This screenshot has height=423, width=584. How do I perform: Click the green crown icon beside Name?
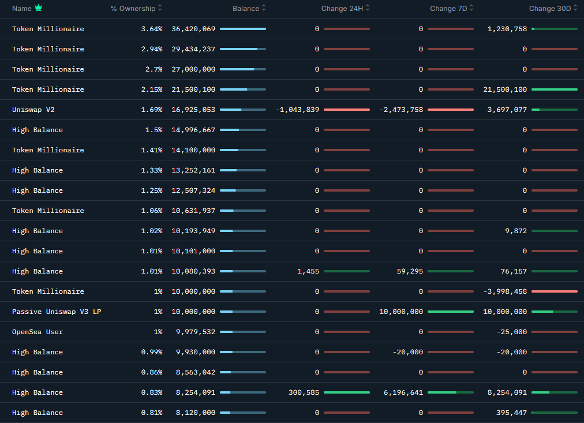[x=38, y=8]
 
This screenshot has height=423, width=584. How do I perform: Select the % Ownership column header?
[x=133, y=9]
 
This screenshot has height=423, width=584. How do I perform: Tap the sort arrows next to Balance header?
[x=264, y=9]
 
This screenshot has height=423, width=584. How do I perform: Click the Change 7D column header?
[x=448, y=9]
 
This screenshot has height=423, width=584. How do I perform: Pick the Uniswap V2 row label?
[x=33, y=110]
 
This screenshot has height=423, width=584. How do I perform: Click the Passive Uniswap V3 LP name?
[x=57, y=312]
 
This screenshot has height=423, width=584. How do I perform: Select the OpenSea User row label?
[x=38, y=332]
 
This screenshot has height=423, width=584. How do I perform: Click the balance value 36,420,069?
[x=193, y=29]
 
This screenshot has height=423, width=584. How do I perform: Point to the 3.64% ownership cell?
[x=152, y=29]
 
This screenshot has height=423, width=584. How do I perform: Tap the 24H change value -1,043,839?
[x=297, y=110]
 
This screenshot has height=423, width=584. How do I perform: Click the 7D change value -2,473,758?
[x=401, y=110]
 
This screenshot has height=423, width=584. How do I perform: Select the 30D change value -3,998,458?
[x=505, y=291]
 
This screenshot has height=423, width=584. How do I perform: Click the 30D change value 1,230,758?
[x=507, y=29]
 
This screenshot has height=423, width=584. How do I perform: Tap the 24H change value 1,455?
[x=308, y=271]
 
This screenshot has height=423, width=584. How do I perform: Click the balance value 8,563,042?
[x=196, y=372]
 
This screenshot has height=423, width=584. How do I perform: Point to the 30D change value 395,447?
[x=511, y=413]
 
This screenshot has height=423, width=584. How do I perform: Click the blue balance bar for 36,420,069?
[x=242, y=29]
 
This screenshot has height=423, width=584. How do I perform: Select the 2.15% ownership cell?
[x=152, y=89]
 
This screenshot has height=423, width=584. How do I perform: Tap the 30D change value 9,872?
[x=516, y=231]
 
